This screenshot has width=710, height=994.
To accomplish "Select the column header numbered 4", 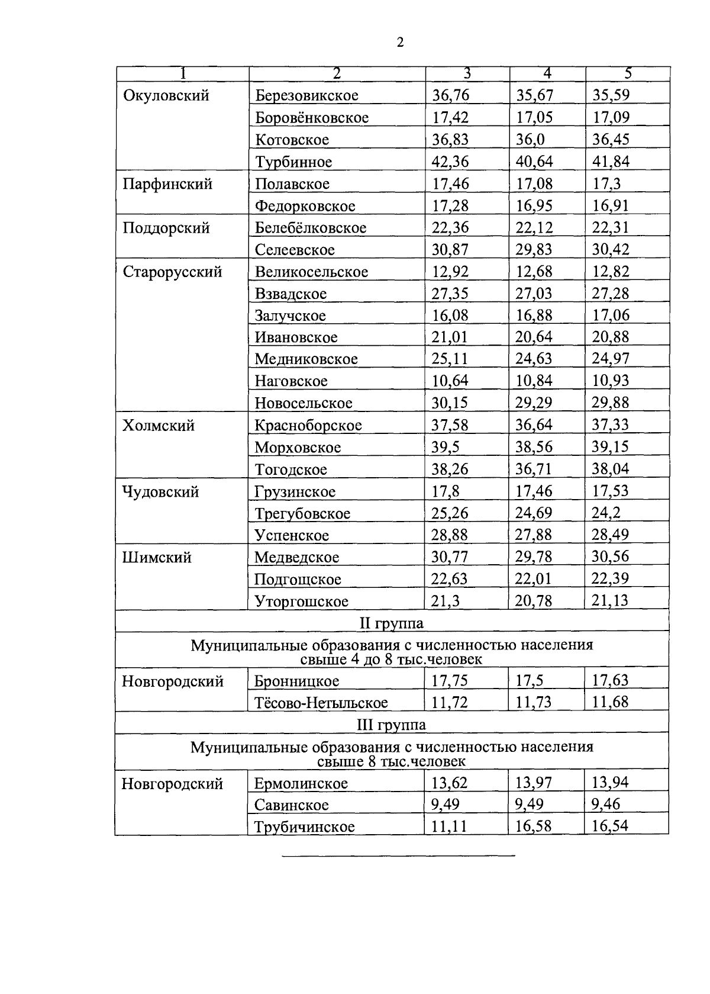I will [547, 73].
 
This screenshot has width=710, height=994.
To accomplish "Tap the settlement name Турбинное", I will [293, 162].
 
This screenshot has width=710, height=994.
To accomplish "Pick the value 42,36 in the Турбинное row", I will [450, 162].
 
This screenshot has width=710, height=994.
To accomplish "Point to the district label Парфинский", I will [167, 184].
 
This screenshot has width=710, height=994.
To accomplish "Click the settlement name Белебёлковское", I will [311, 228].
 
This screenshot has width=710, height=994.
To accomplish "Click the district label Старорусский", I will [172, 272].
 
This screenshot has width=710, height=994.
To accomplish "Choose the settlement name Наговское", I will [291, 381].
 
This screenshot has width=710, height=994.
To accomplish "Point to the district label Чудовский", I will [160, 491].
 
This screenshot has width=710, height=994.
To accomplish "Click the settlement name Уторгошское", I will [301, 601].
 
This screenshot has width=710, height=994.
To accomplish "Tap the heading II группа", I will [392, 623].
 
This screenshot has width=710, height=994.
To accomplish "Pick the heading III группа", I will [392, 725].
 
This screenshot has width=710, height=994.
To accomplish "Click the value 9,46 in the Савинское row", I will [606, 804].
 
